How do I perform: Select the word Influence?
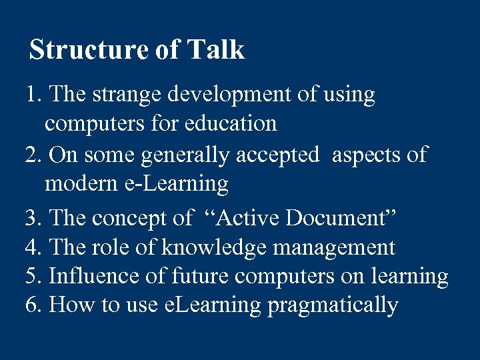tap(89, 276)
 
